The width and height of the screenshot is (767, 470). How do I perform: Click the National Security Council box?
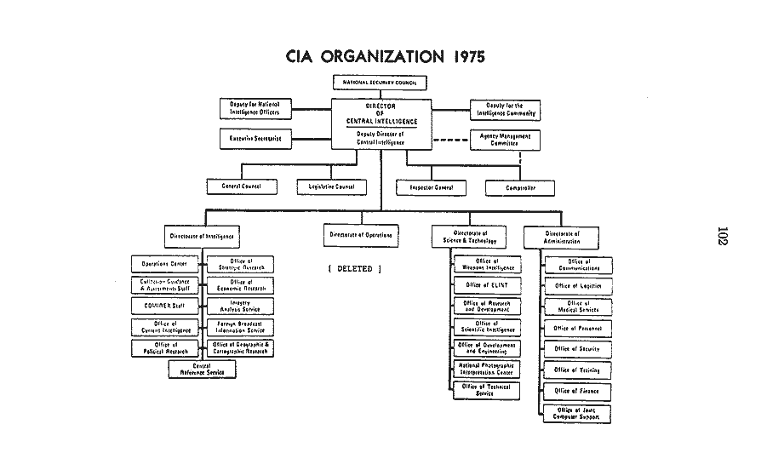click(379, 83)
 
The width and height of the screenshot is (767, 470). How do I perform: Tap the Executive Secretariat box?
click(255, 137)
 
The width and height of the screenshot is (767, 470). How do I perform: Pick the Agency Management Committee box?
click(505, 140)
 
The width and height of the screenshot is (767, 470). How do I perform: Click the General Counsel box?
click(242, 186)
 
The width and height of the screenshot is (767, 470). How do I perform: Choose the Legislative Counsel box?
click(332, 186)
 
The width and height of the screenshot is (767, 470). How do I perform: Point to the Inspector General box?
click(432, 187)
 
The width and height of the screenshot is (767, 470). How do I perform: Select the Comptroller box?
click(520, 187)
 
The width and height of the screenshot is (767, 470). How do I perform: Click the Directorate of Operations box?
click(361, 235)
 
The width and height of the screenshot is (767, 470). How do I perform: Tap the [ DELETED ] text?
click(354, 269)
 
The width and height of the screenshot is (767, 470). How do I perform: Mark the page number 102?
click(723, 236)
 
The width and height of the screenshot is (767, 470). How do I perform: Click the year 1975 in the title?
click(463, 57)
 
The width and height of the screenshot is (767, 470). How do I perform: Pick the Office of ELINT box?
click(487, 285)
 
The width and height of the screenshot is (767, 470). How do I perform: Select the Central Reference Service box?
click(202, 370)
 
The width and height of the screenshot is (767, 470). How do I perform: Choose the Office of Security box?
click(578, 349)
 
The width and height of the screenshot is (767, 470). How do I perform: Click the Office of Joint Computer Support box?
click(578, 414)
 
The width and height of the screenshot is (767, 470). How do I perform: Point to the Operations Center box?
click(164, 264)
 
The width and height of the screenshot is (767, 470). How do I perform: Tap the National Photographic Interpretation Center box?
click(487, 369)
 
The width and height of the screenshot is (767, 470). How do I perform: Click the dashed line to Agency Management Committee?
click(450, 140)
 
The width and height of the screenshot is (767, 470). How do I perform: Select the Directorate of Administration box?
click(560, 237)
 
